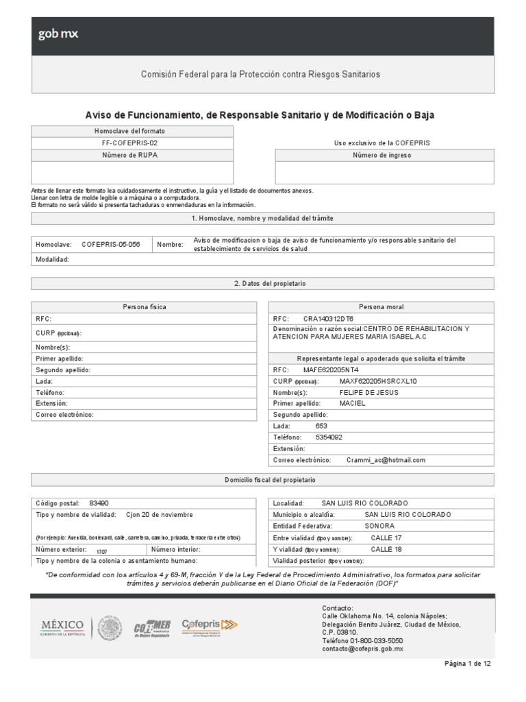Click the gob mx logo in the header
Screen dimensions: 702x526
coord(58,35)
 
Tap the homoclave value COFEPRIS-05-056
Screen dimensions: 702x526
coord(110,244)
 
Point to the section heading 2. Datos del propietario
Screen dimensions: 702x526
coord(262,283)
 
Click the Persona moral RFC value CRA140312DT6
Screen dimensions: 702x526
coord(328,319)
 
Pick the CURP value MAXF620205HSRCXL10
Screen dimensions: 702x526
coord(377,381)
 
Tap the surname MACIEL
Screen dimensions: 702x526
coord(353,404)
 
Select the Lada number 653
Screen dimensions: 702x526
coord(321,426)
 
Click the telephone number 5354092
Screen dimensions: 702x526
coord(329,437)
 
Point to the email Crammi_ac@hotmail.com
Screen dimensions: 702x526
coord(386,460)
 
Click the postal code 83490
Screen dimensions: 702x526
coord(99,503)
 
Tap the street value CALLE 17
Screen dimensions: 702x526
coord(386,537)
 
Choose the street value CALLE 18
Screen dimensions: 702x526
coord(386,549)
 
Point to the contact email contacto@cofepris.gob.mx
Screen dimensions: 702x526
coord(362,648)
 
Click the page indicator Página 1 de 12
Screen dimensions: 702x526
coord(467,664)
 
